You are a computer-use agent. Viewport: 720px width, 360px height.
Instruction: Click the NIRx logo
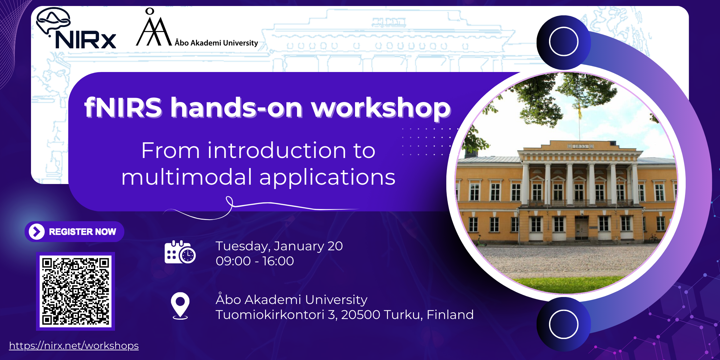(76, 29)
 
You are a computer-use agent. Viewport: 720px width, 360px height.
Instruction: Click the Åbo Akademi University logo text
(216, 43)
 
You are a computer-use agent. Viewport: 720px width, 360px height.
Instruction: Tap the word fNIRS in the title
(123, 107)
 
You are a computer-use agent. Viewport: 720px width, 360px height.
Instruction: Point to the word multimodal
(187, 177)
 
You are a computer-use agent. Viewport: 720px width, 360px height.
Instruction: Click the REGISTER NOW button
(74, 232)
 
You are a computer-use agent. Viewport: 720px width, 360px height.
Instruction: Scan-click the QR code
(76, 291)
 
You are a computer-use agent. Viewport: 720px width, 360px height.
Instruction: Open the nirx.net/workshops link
(74, 346)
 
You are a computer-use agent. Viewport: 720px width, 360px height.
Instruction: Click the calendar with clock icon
(180, 252)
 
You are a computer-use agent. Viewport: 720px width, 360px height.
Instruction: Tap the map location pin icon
(180, 306)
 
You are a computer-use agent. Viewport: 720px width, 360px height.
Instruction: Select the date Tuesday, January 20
(279, 246)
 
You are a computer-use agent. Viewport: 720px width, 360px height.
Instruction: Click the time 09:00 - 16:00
(255, 261)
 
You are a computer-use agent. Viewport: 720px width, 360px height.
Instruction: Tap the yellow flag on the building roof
(580, 112)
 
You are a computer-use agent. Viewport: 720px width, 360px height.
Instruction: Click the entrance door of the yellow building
(582, 228)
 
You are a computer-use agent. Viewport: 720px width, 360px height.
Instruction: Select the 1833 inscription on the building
(580, 146)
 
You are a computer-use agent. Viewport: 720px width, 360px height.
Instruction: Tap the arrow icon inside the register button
(37, 232)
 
